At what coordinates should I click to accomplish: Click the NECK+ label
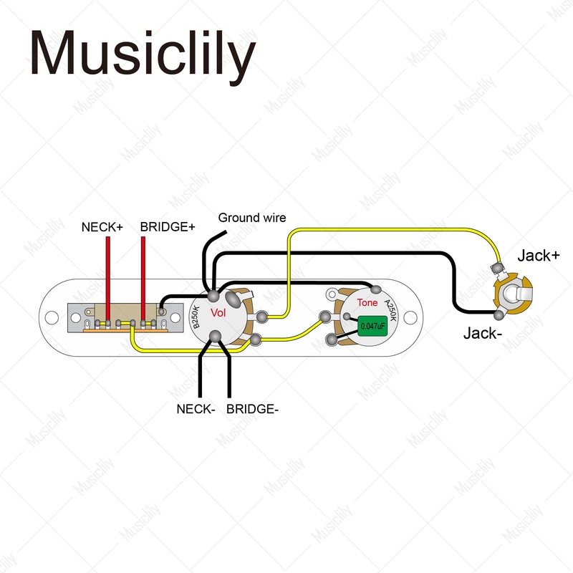tap(102, 227)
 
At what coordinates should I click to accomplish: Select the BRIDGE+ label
tap(168, 227)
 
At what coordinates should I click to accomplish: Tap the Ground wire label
tap(252, 218)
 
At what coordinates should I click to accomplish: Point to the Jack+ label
tap(539, 256)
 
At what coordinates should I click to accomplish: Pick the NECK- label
tap(196, 409)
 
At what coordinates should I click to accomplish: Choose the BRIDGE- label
tap(252, 409)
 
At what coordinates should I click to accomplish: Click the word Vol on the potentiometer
tap(218, 313)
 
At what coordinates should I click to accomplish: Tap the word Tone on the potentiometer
tap(367, 303)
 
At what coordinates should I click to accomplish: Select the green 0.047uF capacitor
tap(372, 326)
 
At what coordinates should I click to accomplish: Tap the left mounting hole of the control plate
tap(52, 316)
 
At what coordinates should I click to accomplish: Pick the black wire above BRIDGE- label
tap(230, 372)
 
